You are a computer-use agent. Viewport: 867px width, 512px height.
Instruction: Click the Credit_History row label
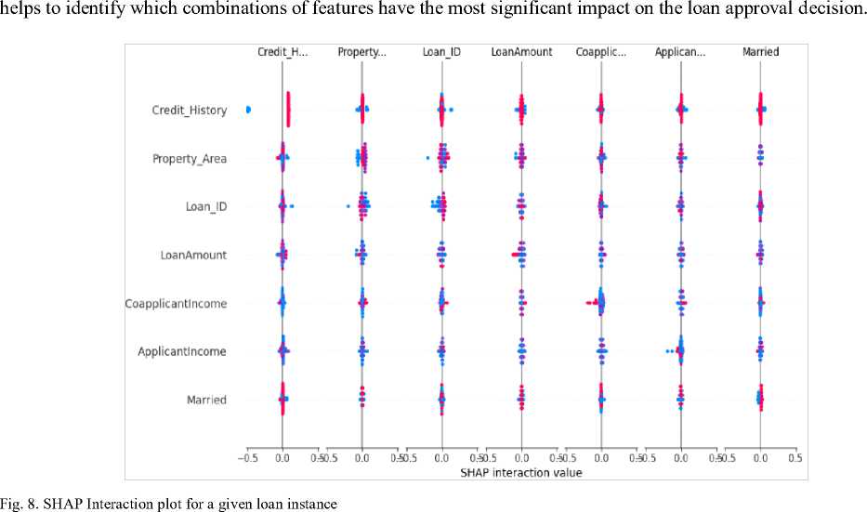click(x=189, y=111)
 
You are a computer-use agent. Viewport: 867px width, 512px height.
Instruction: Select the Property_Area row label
click(x=189, y=159)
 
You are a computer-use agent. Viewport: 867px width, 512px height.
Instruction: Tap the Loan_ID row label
click(x=205, y=207)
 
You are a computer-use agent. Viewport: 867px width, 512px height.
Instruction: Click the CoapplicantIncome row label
click(x=176, y=304)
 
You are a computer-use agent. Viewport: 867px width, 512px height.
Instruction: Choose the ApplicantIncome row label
click(x=182, y=352)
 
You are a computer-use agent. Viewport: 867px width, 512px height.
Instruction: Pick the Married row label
click(x=205, y=400)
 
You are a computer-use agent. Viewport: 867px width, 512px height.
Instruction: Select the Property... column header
click(x=361, y=52)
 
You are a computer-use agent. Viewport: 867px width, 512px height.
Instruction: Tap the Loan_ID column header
click(x=441, y=52)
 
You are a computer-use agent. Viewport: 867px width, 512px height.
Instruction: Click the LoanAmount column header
click(x=521, y=52)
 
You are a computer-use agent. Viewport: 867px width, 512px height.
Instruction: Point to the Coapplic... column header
click(x=600, y=52)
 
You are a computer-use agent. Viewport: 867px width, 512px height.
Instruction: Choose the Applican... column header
click(x=680, y=52)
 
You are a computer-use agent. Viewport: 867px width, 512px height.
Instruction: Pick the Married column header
click(x=760, y=52)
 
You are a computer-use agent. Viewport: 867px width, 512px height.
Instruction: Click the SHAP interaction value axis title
click(x=521, y=473)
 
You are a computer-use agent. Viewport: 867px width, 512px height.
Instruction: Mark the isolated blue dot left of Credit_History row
click(x=248, y=110)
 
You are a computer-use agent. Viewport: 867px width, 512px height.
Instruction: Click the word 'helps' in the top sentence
click(x=20, y=8)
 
